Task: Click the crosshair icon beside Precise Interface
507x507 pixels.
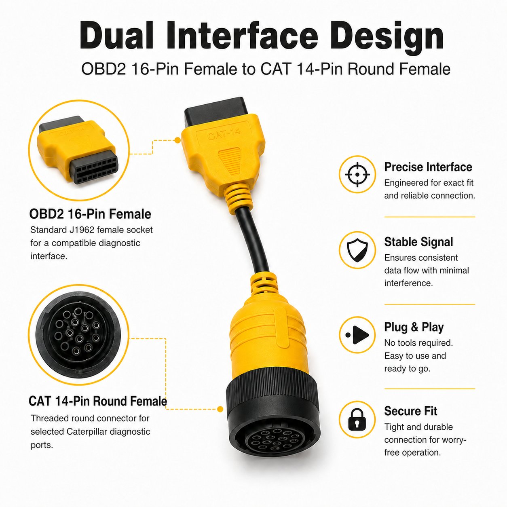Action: pyautogui.click(x=357, y=174)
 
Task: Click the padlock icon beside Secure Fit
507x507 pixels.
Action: pyautogui.click(x=357, y=419)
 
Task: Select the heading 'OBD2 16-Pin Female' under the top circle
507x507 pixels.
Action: pyautogui.click(x=90, y=214)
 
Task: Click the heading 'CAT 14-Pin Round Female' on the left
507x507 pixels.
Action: pyautogui.click(x=97, y=401)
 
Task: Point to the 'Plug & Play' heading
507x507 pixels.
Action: pyautogui.click(x=414, y=327)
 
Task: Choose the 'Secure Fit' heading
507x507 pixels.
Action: pyautogui.click(x=410, y=411)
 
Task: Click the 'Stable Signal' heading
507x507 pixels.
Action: pyautogui.click(x=418, y=242)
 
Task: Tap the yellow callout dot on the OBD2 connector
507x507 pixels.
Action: pyautogui.click(x=177, y=140)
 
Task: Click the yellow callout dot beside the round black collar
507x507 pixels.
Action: pyautogui.click(x=220, y=409)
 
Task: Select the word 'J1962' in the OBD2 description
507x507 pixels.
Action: pyautogui.click(x=82, y=230)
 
